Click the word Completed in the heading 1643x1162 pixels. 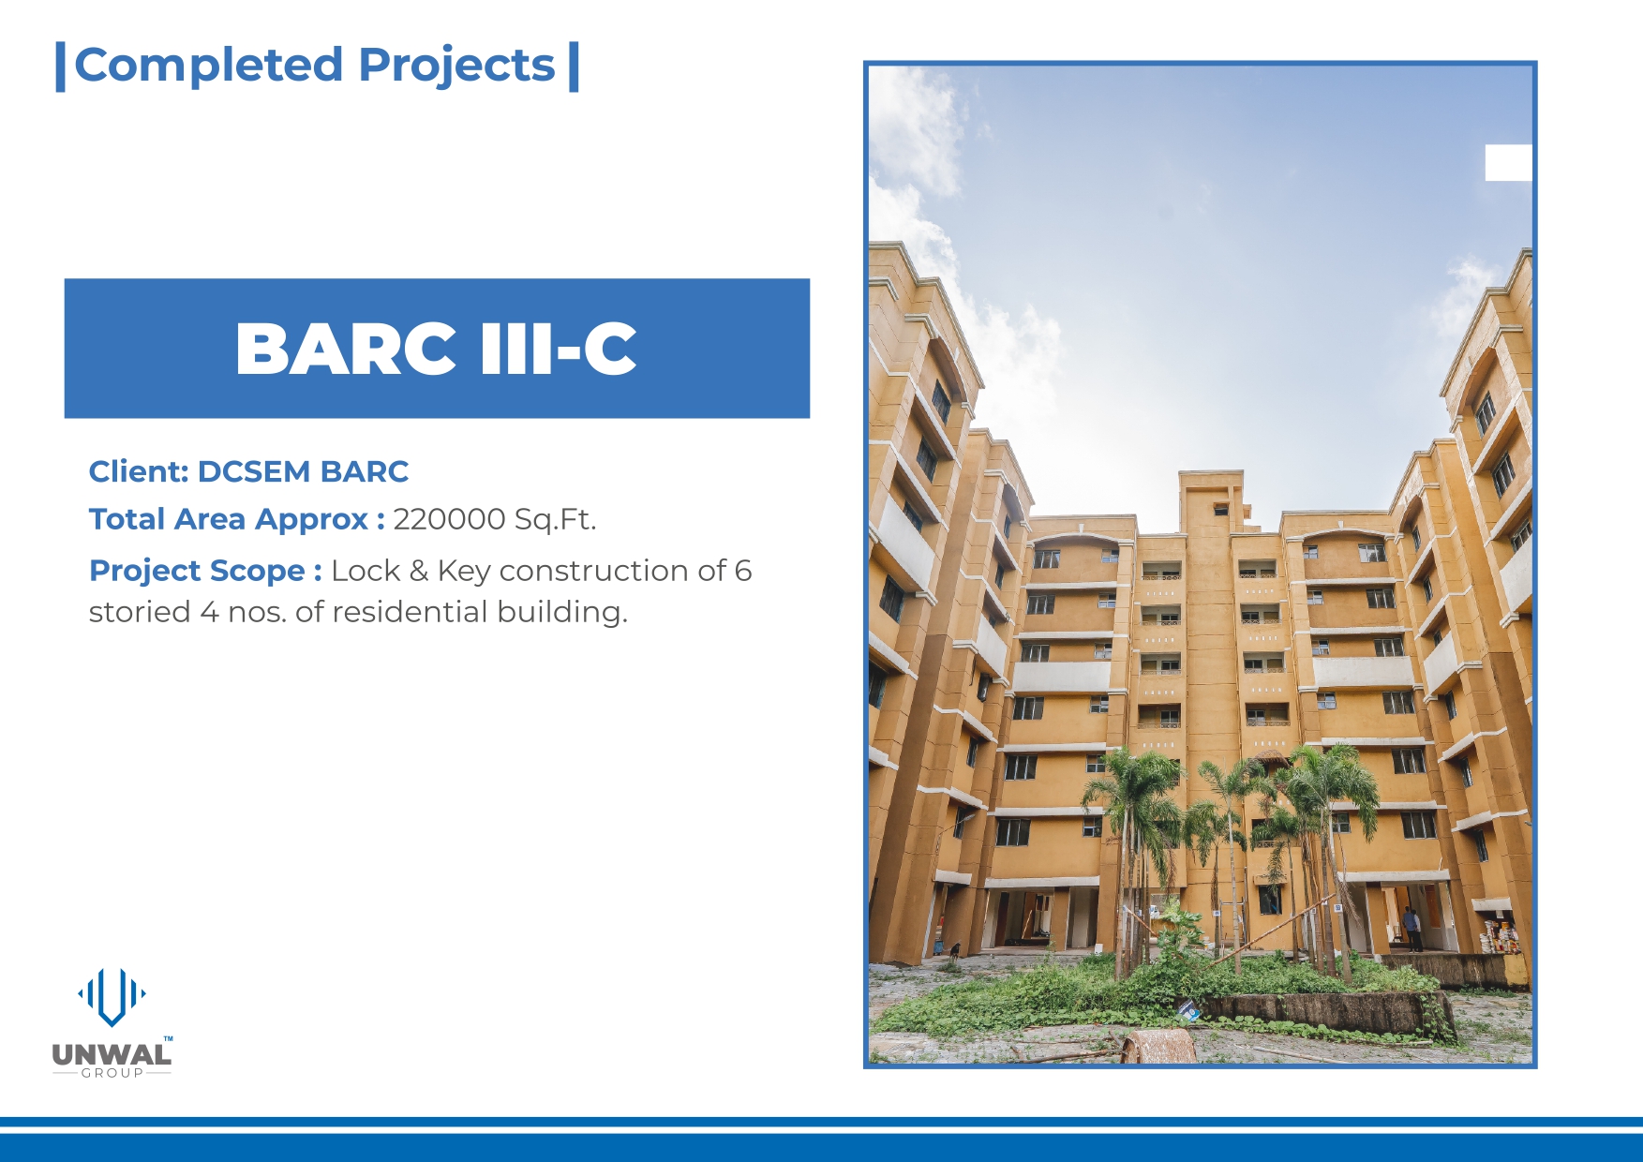[208, 66]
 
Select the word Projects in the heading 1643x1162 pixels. [456, 67]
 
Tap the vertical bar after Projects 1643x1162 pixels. [574, 67]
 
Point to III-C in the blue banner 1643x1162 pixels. [558, 349]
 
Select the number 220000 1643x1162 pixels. [449, 519]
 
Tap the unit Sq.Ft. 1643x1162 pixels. [555, 519]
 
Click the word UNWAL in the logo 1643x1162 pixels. [112, 1054]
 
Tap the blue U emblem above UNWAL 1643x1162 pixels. [112, 996]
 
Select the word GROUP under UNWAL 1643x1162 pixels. [112, 1073]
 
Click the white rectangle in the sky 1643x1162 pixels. [1508, 163]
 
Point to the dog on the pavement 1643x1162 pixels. [953, 951]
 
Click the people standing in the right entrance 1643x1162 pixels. [1411, 929]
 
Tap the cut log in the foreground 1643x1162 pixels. [1158, 1046]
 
